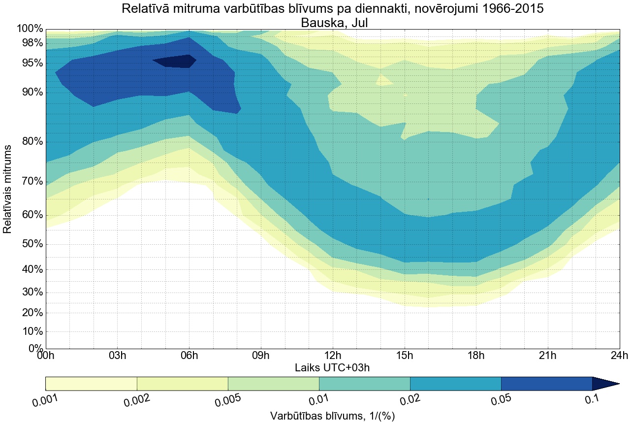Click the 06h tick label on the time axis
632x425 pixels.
pyautogui.click(x=189, y=356)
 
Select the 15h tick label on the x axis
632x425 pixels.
pyautogui.click(x=404, y=356)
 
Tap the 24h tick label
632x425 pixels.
pyautogui.click(x=619, y=356)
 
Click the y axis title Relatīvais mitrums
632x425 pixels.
pyautogui.click(x=8, y=190)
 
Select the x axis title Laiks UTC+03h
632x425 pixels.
pyautogui.click(x=332, y=367)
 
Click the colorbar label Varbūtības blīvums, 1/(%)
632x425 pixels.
pyautogui.click(x=332, y=416)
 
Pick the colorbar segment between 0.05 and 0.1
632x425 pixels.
pyautogui.click(x=546, y=384)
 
